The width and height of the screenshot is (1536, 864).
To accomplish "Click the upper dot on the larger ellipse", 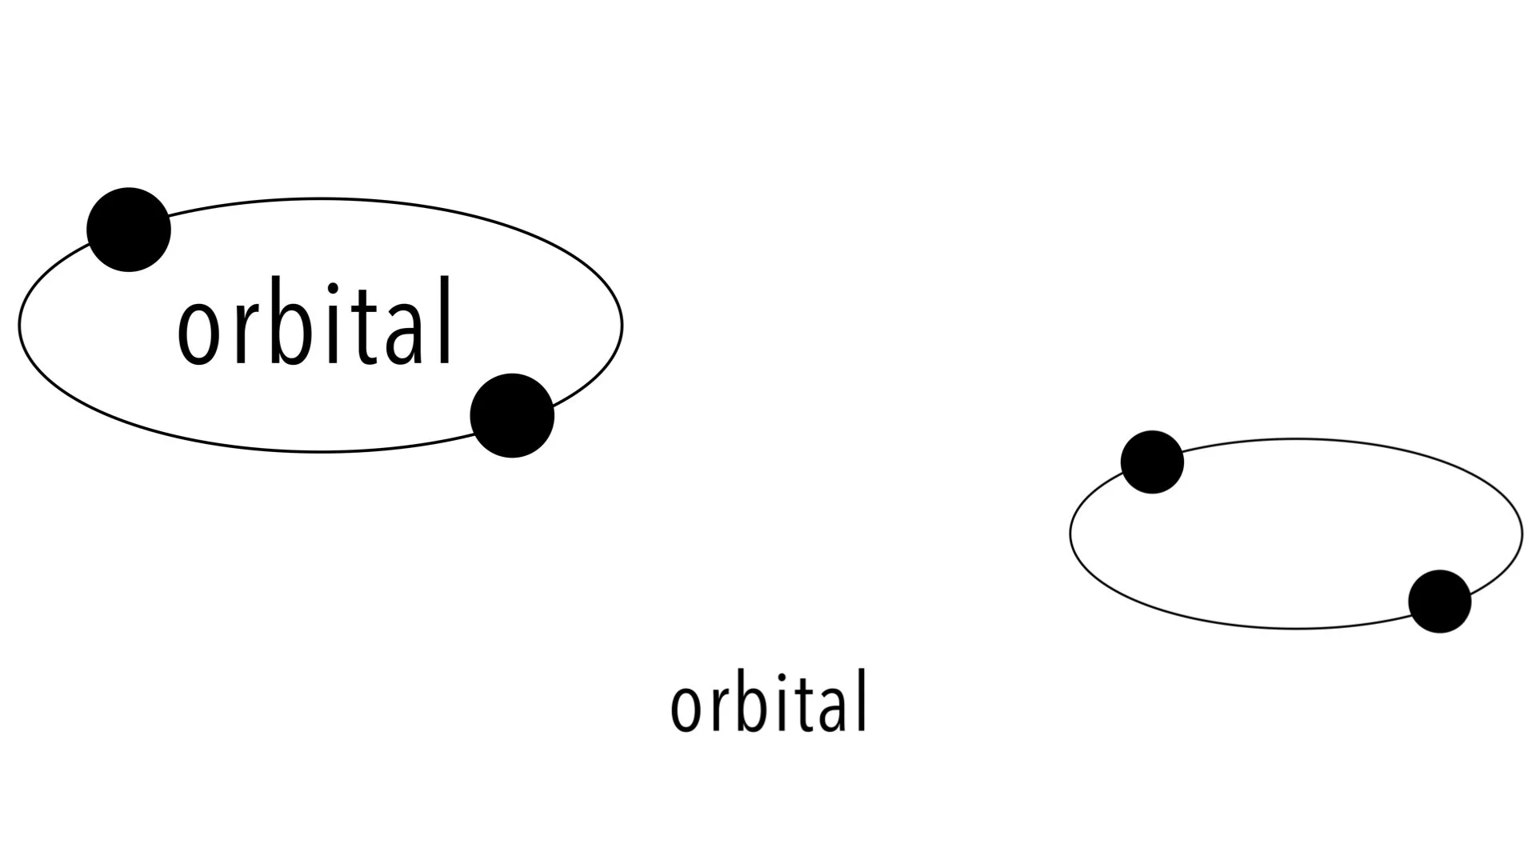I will tap(129, 230).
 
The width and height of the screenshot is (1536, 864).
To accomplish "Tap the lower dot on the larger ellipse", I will tap(512, 415).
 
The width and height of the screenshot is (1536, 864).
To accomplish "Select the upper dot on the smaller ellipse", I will tap(1152, 462).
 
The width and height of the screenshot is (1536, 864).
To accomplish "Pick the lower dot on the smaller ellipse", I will tap(1439, 602).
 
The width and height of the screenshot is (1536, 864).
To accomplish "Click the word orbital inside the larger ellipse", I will tap(315, 322).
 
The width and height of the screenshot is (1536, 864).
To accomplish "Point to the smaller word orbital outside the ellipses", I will tap(769, 702).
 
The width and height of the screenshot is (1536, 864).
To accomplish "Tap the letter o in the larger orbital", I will tap(198, 332).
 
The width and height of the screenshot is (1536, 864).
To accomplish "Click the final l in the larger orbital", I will tap(445, 321).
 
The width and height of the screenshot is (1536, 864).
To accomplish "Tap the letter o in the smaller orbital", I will tap(686, 708).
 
